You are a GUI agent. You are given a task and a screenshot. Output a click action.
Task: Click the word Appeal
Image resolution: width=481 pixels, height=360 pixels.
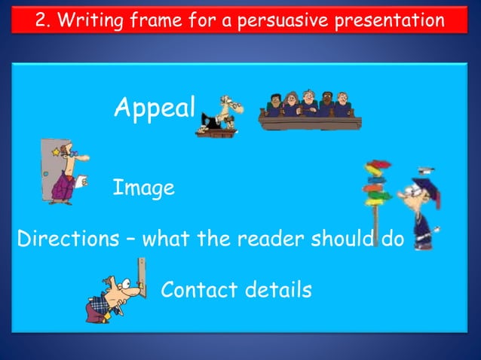coord(155,108)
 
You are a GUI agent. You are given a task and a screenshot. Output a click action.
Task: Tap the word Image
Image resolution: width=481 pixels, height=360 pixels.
coord(143,188)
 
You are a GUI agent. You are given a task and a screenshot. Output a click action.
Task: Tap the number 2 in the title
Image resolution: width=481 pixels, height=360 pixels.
coord(42,20)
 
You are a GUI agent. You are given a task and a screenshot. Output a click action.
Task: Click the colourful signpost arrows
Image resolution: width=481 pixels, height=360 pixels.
coord(378,185)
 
